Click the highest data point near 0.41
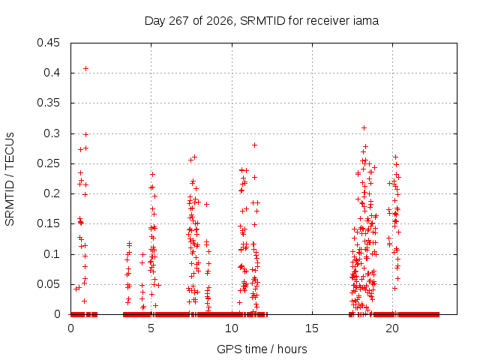pyautogui.click(x=86, y=68)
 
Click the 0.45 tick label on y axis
pyautogui.click(x=48, y=43)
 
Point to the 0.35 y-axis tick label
pyautogui.click(x=48, y=103)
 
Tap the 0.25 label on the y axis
pyautogui.click(x=48, y=163)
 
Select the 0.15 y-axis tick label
pyautogui.click(x=48, y=223)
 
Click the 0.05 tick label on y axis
pyautogui.click(x=48, y=284)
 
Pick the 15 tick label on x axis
pyautogui.click(x=312, y=328)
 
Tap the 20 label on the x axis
pyautogui.click(x=392, y=328)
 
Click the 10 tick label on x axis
pyautogui.click(x=232, y=328)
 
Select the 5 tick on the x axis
pyautogui.click(x=151, y=328)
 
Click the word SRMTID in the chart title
pyautogui.click(x=262, y=21)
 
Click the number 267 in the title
pyautogui.click(x=178, y=21)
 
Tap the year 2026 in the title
pyautogui.click(x=220, y=21)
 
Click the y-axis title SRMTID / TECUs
pyautogui.click(x=10, y=179)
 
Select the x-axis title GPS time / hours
pyautogui.click(x=262, y=349)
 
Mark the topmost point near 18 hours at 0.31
pyautogui.click(x=364, y=128)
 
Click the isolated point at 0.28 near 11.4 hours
pyautogui.click(x=254, y=145)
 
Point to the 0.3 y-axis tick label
pyautogui.click(x=52, y=133)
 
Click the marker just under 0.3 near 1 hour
pyautogui.click(x=86, y=134)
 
